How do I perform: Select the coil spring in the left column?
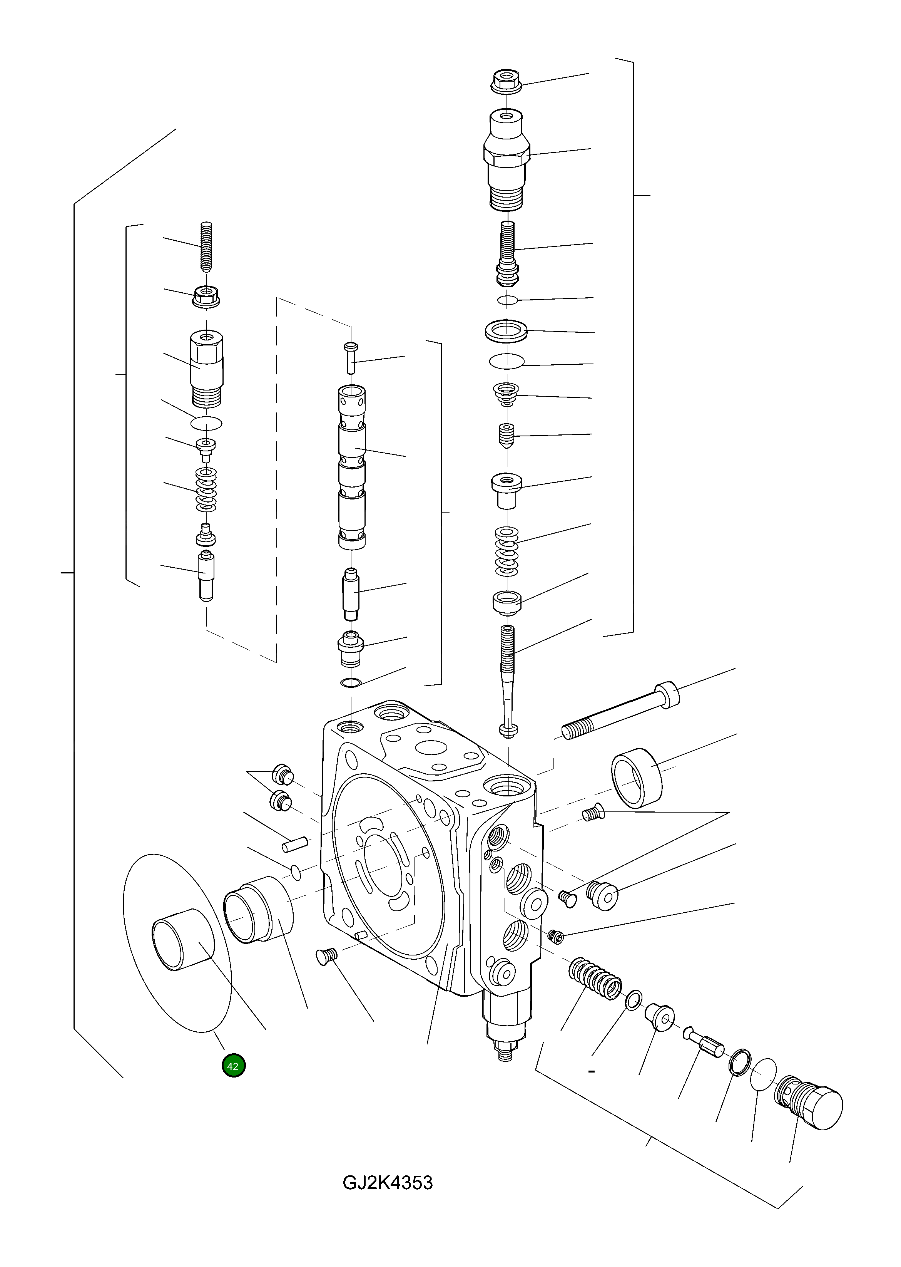[x=206, y=489]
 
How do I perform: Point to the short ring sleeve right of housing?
[x=637, y=777]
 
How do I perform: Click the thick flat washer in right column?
[x=506, y=331]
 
